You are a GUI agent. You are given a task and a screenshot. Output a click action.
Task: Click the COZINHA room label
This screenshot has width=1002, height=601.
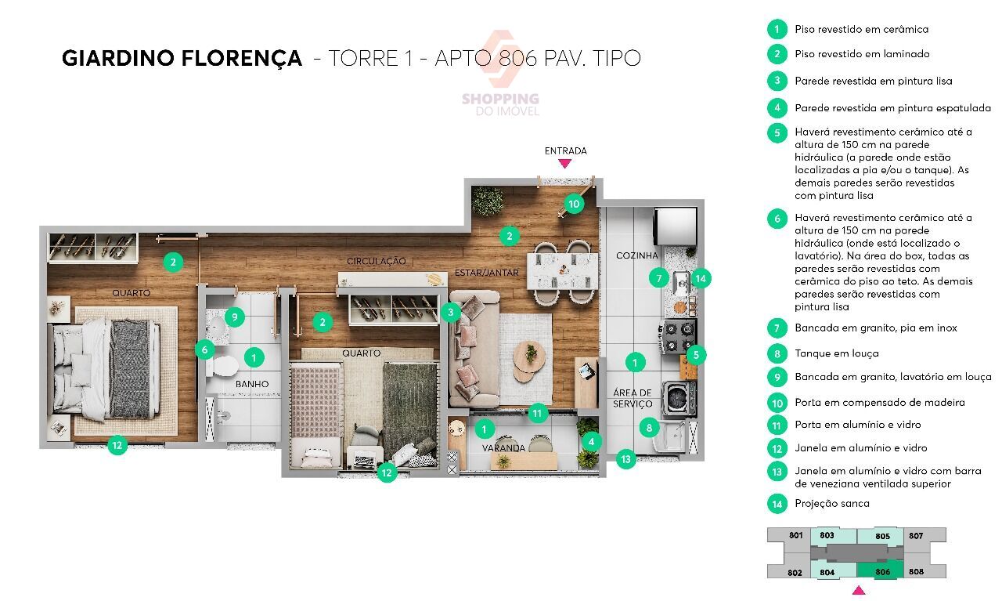tap(636, 255)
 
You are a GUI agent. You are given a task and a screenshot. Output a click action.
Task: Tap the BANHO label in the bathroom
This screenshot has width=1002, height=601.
tap(252, 384)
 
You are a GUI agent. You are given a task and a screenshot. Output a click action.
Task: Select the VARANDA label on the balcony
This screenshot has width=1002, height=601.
tap(503, 448)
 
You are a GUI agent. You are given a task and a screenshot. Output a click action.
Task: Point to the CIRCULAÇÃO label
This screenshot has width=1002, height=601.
tap(377, 261)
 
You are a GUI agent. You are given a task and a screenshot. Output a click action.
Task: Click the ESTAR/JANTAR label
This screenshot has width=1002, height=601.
tap(487, 273)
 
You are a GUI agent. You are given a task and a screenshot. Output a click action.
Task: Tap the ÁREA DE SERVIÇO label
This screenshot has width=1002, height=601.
tap(633, 398)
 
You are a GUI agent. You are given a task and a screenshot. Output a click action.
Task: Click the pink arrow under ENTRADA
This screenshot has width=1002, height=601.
tap(565, 164)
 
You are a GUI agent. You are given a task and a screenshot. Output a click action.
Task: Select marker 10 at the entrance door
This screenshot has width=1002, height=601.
tap(574, 205)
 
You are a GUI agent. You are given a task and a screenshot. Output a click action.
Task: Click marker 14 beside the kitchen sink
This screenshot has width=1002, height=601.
tap(701, 278)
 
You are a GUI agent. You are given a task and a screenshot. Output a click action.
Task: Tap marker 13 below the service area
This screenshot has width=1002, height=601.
tap(625, 459)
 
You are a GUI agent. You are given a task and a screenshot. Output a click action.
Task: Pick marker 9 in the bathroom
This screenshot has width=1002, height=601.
tap(234, 317)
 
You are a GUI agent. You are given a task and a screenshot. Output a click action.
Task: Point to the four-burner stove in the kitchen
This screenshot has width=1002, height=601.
tap(678, 337)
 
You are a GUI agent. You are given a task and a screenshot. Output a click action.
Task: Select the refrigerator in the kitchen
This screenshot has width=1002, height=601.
tap(676, 226)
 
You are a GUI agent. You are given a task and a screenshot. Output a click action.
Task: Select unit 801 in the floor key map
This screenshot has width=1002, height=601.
tap(796, 535)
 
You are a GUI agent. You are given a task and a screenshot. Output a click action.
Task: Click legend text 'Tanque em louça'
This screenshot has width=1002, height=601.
tap(837, 353)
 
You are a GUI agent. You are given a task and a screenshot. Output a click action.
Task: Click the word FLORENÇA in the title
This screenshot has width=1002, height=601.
tap(242, 59)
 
